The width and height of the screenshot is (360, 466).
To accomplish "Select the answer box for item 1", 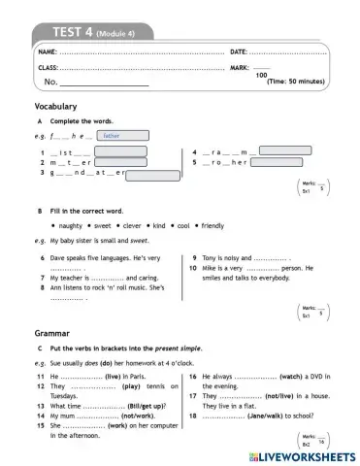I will pyautogui.click(x=120, y=151).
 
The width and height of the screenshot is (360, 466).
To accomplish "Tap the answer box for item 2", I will pyautogui.click(x=122, y=163).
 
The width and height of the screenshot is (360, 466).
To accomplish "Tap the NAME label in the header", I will pyautogui.click(x=47, y=50).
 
